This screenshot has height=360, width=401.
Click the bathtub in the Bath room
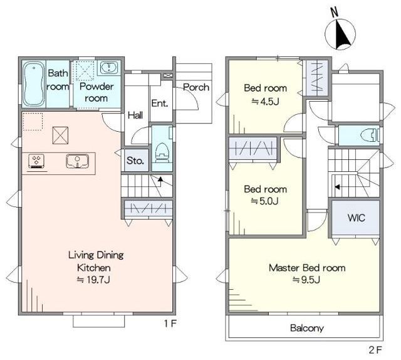click(x=33, y=84)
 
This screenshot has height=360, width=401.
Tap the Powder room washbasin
click(x=109, y=68)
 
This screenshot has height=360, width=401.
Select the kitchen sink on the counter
click(x=78, y=161)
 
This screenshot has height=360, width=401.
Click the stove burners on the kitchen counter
click(x=37, y=162)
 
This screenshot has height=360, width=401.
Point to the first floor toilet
click(x=162, y=153)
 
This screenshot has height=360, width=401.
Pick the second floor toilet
click(x=369, y=135)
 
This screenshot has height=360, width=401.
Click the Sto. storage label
click(x=135, y=161)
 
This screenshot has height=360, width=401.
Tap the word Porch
click(x=196, y=87)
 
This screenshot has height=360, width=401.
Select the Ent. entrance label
click(x=160, y=103)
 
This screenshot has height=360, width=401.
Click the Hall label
click(x=135, y=115)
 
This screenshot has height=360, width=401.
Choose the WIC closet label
click(x=357, y=218)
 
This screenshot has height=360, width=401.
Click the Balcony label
click(x=307, y=328)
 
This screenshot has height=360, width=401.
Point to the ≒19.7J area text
click(x=93, y=280)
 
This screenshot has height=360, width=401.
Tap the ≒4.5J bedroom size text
click(x=265, y=102)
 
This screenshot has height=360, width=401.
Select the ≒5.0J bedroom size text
click(x=264, y=201)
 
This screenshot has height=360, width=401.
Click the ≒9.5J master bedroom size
click(x=306, y=280)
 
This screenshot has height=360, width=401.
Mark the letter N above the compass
click(x=334, y=13)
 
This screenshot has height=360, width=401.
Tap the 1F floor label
click(x=170, y=324)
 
